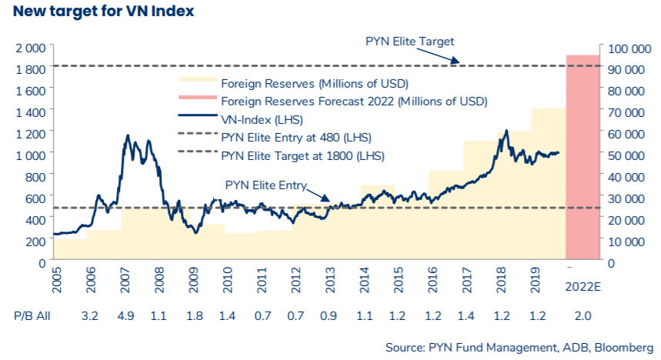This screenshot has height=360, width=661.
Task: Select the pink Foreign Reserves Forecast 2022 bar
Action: pyautogui.click(x=583, y=158)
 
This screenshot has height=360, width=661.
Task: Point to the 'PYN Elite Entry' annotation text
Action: pyautogui.click(x=265, y=185)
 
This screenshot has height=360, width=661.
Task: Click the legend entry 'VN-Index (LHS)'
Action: pyautogui.click(x=261, y=119)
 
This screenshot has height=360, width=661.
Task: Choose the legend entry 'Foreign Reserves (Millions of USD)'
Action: pyautogui.click(x=314, y=82)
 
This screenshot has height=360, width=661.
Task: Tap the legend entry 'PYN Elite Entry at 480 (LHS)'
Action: pyautogui.click(x=295, y=138)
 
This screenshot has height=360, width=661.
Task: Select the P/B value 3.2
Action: pyautogui.click(x=91, y=316)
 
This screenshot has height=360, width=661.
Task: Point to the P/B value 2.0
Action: pyautogui.click(x=583, y=316)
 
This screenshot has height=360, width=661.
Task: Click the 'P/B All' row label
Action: pyautogui.click(x=32, y=316)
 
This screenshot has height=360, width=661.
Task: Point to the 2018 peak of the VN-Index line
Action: pyautogui.click(x=506, y=131)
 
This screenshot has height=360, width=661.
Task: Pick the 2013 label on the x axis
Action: pyautogui.click(x=331, y=283)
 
